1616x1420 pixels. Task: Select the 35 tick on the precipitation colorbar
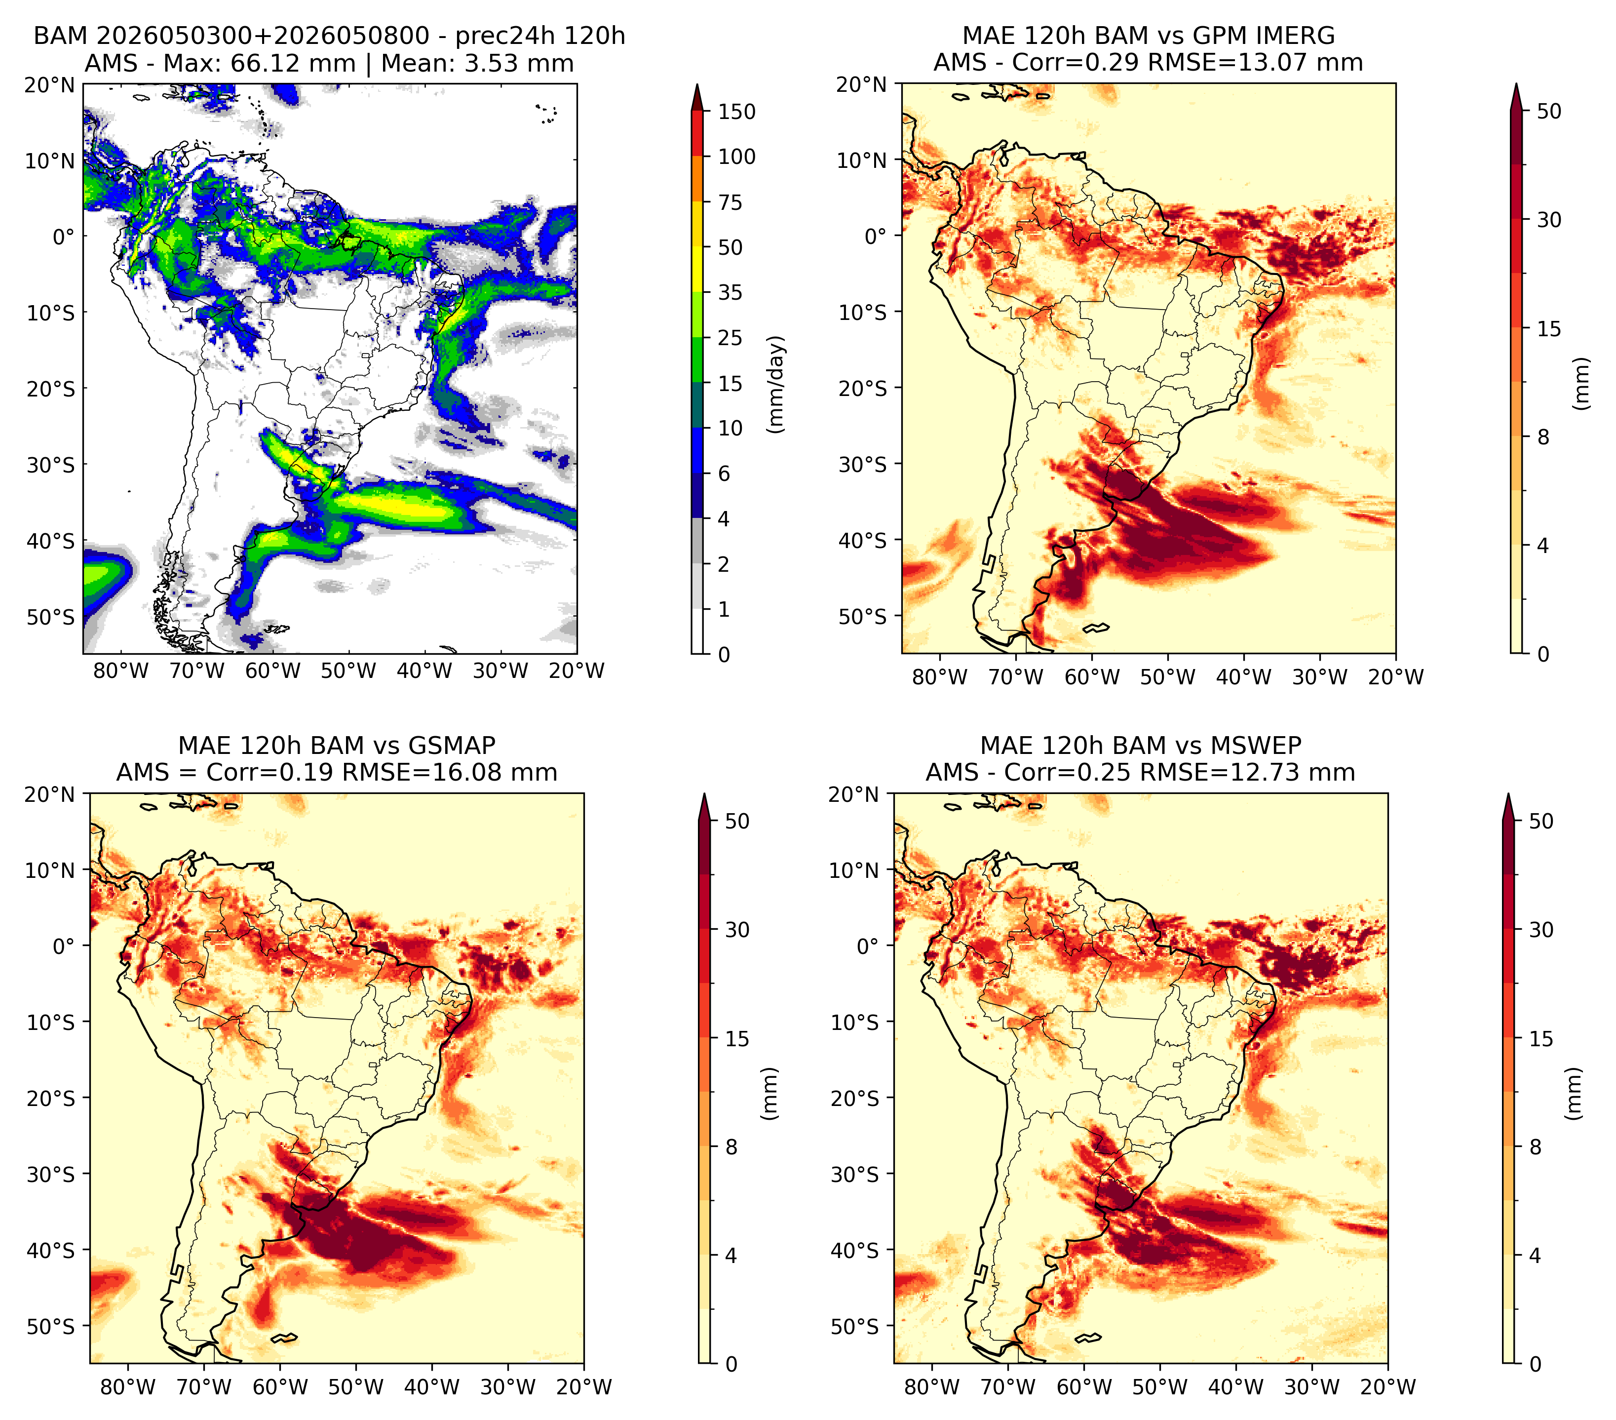click(x=731, y=292)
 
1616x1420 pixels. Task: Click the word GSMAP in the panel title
click(x=452, y=746)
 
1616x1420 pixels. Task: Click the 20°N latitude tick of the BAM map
click(x=49, y=84)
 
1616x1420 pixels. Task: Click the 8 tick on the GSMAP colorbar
click(x=731, y=1147)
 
